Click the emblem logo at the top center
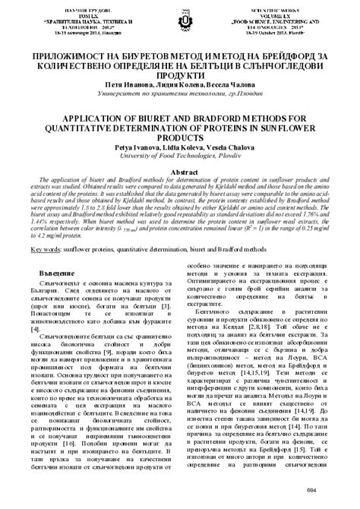click(x=180, y=17)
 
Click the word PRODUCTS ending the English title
click(x=180, y=143)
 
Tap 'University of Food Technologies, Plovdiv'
click(x=180, y=162)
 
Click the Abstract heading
click(x=180, y=172)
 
